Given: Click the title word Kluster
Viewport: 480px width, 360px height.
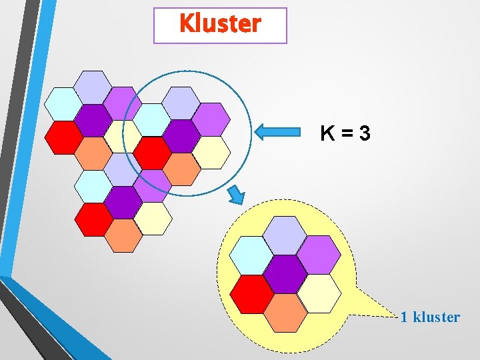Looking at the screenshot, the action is tap(220, 25).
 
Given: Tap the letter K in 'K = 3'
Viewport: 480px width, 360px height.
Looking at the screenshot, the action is tap(327, 134).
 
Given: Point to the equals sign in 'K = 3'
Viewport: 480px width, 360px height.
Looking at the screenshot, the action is tap(345, 134).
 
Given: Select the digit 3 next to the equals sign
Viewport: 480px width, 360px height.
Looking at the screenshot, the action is tap(363, 134).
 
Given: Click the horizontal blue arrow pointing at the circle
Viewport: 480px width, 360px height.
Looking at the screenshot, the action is tap(278, 132).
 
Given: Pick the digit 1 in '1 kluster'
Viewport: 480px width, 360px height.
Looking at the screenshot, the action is tap(404, 317).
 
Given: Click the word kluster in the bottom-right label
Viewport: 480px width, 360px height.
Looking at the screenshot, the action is tap(437, 317).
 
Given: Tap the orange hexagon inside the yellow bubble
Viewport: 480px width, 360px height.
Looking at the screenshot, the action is tap(285, 313).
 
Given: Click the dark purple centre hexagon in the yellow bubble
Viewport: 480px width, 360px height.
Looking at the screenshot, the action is tap(285, 274).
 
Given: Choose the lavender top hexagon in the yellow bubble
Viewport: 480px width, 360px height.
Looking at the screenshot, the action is tap(285, 235).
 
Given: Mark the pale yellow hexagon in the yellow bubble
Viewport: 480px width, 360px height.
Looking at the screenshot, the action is tap(319, 293).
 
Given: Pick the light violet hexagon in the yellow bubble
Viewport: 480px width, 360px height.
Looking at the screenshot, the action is tap(319, 255).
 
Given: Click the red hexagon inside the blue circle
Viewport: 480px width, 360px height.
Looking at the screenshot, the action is tap(153, 153).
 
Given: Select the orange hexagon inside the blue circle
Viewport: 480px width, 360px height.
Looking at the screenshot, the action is tap(181, 169).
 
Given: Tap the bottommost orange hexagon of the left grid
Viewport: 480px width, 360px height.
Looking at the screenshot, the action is tap(124, 235).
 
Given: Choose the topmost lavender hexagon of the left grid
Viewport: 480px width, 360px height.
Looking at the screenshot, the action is tap(93, 87).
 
